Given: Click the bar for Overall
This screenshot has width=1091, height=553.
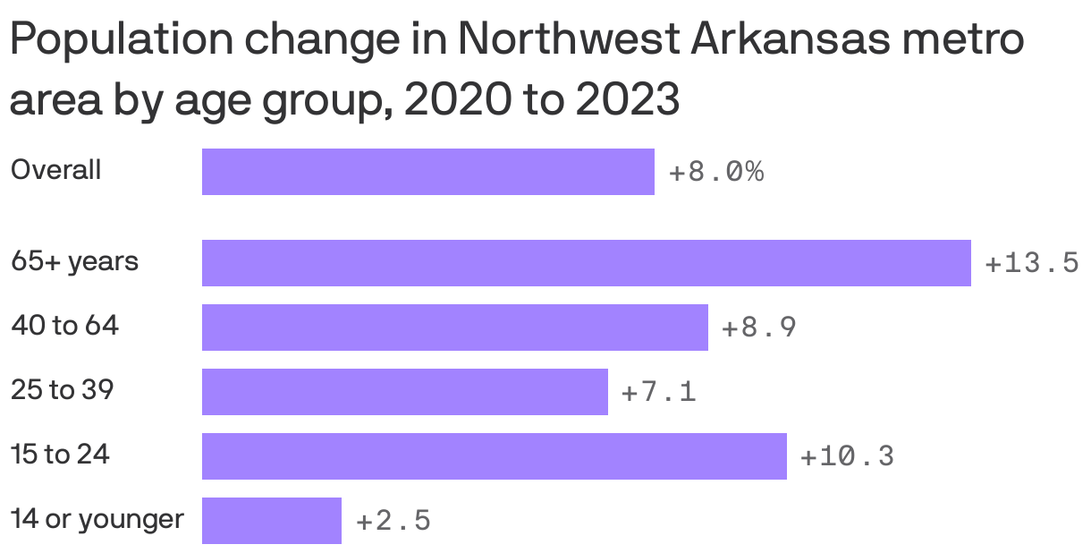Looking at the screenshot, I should point(427,172).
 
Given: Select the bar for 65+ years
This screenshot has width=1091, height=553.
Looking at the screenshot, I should point(586,263).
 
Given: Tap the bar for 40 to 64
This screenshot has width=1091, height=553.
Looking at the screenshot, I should point(454,328).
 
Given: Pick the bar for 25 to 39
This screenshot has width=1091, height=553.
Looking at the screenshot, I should point(404,392).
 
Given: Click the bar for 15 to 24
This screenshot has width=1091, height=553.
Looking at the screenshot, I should point(494,456).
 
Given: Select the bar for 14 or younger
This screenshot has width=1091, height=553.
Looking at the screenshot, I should point(271,521).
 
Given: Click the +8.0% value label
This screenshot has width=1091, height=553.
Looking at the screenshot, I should point(716,172).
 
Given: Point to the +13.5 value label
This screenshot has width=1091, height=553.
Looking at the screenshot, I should point(1031,263).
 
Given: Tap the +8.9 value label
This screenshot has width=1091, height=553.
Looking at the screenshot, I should point(758,328).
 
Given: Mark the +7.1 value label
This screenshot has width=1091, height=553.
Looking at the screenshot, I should point(658,392).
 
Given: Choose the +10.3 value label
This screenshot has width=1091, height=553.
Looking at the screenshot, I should point(846,456).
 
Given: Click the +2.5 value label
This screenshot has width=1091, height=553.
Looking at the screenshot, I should point(393,521).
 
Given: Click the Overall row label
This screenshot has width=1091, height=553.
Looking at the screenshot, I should point(55,170).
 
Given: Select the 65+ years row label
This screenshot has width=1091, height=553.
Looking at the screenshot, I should point(74,262).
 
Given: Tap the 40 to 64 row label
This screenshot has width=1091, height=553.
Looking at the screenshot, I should point(64,326).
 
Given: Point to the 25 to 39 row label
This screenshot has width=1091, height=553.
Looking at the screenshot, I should point(62,390).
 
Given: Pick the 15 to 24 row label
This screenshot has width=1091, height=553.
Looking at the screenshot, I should point(60,455).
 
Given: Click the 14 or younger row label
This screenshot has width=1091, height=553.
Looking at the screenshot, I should point(97,519).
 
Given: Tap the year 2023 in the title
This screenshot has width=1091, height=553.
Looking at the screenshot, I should point(627,101).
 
